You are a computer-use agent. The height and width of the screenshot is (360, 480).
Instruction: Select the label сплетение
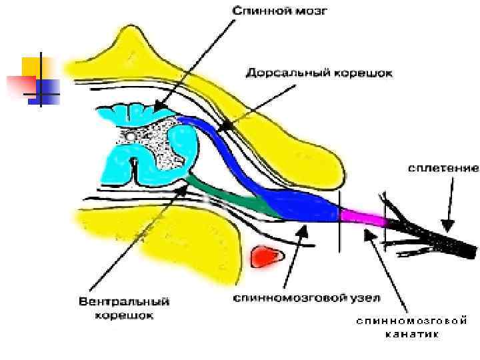(x=442, y=169)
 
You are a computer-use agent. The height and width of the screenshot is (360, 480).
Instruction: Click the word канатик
(x=411, y=334)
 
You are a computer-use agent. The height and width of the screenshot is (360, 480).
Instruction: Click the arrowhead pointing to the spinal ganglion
(x=301, y=230)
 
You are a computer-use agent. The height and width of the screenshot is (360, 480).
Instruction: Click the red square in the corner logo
(x=18, y=85)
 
